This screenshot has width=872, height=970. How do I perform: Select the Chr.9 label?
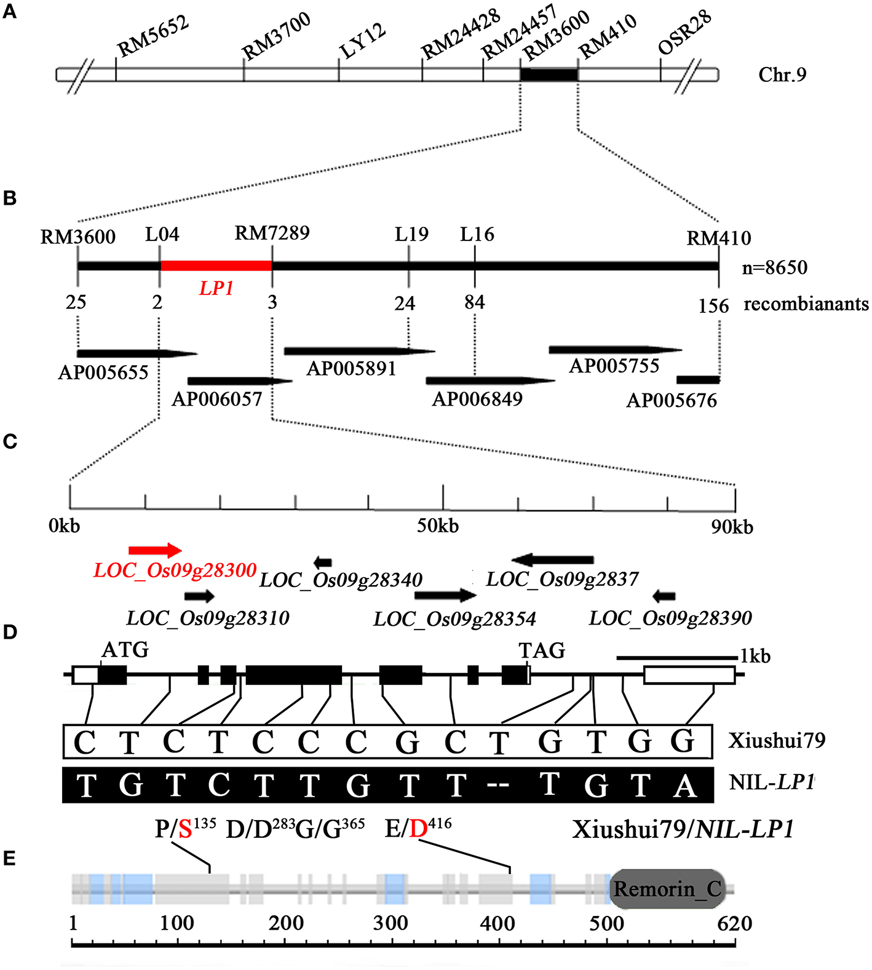(782, 75)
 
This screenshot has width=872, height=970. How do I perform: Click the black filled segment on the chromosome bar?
(549, 75)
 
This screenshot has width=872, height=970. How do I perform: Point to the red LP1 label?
(216, 288)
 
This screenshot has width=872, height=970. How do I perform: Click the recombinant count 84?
(475, 302)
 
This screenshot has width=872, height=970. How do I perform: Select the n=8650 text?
(775, 267)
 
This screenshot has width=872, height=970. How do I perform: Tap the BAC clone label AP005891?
(351, 369)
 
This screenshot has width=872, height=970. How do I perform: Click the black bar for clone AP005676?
(698, 380)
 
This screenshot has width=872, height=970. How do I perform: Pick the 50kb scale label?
(438, 526)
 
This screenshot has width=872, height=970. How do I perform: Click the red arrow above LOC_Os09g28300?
(155, 550)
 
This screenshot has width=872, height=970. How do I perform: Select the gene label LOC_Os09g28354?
(455, 619)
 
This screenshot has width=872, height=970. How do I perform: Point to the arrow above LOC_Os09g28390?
(664, 596)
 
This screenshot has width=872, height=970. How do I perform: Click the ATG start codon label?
(125, 650)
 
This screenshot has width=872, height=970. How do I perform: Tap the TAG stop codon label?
(542, 650)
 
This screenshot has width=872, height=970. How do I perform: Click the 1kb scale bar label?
(755, 657)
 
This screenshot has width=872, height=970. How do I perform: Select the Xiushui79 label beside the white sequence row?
(777, 740)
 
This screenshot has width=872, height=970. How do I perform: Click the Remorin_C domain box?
(668, 889)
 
